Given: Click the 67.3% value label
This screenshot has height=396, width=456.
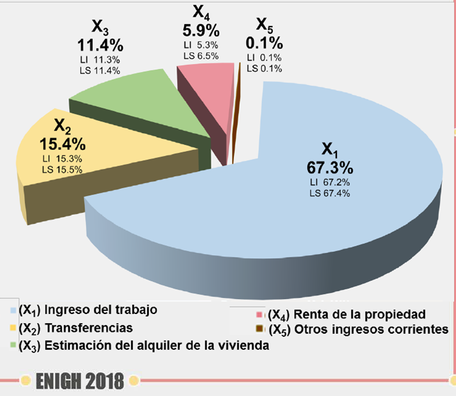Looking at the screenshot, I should (329, 168).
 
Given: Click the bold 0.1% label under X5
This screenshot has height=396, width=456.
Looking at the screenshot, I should (264, 43).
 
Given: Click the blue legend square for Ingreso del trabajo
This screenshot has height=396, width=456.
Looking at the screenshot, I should (13, 310).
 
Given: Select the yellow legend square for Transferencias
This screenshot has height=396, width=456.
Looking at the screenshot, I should (13, 328).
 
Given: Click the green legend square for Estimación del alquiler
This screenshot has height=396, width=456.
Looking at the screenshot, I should (13, 346).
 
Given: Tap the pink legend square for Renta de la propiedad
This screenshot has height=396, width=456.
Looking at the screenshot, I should (260, 315).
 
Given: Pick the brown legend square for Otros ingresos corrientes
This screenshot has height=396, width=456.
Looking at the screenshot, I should (260, 330).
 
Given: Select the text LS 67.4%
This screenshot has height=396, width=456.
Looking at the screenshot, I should (329, 193).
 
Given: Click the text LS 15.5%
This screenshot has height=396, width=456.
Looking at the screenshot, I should (62, 169).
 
